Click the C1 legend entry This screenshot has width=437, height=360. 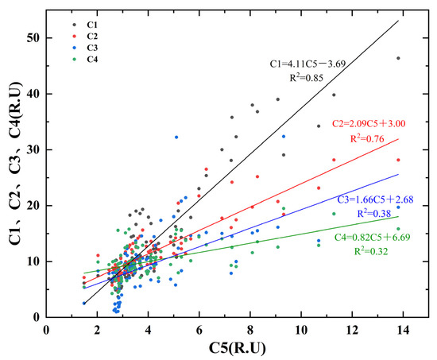[85, 25]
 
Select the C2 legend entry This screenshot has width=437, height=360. [85, 37]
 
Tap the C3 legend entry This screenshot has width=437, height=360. [85, 48]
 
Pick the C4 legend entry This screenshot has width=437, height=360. [85, 60]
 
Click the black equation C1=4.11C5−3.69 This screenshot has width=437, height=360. [307, 64]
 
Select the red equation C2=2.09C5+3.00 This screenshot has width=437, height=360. [369, 123]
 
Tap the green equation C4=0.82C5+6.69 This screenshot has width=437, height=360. [373, 238]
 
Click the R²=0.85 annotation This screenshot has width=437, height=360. [307, 77]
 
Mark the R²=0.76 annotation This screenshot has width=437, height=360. [367, 138]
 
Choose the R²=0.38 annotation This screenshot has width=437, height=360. [374, 213]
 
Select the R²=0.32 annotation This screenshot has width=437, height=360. [371, 251]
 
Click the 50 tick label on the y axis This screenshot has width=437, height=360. [33, 38]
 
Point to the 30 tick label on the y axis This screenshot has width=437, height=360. [33, 149]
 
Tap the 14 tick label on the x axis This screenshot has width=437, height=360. [404, 330]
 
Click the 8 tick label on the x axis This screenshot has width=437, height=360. [250, 330]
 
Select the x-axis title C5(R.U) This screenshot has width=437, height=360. [238, 348]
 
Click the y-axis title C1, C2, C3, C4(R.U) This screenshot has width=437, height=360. [16, 164]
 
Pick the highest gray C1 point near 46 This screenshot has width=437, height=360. [398, 58]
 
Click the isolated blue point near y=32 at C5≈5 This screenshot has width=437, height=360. [176, 137]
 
